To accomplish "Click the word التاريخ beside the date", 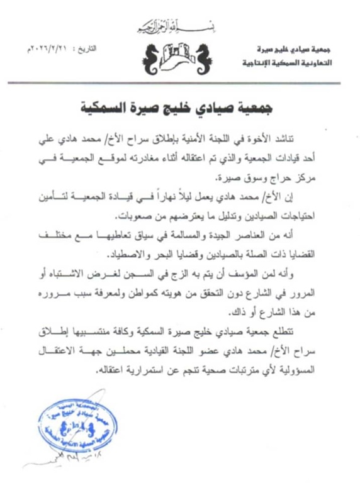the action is pyautogui.click(x=86, y=48).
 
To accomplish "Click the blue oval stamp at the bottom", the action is pyautogui.click(x=69, y=428).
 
